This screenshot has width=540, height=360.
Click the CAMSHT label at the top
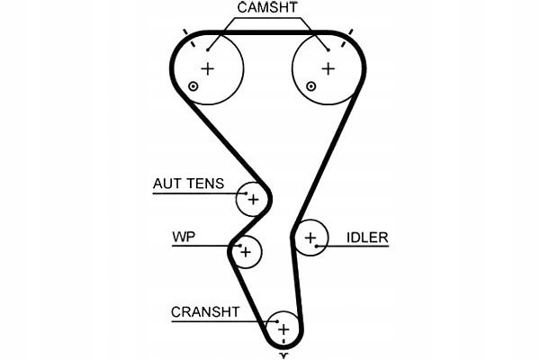[267, 7]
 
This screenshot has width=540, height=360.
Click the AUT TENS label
[188, 183]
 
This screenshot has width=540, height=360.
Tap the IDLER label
[367, 238]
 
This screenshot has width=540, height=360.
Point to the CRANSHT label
[205, 312]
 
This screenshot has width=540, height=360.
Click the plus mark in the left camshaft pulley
[208, 68]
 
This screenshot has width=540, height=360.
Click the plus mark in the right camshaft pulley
[328, 68]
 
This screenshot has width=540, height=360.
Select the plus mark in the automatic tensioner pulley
[254, 199]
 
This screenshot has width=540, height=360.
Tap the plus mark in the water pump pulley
[245, 252]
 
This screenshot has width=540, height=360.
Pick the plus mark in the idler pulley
[310, 238]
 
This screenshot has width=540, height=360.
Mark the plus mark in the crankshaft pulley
[283, 329]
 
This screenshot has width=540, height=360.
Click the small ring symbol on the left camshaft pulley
[193, 86]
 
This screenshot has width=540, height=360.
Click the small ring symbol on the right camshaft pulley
[310, 86]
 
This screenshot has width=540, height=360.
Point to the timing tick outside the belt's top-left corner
[186, 33]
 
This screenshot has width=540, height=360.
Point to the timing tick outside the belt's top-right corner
[350, 33]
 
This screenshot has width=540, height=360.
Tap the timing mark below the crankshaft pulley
[283, 355]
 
